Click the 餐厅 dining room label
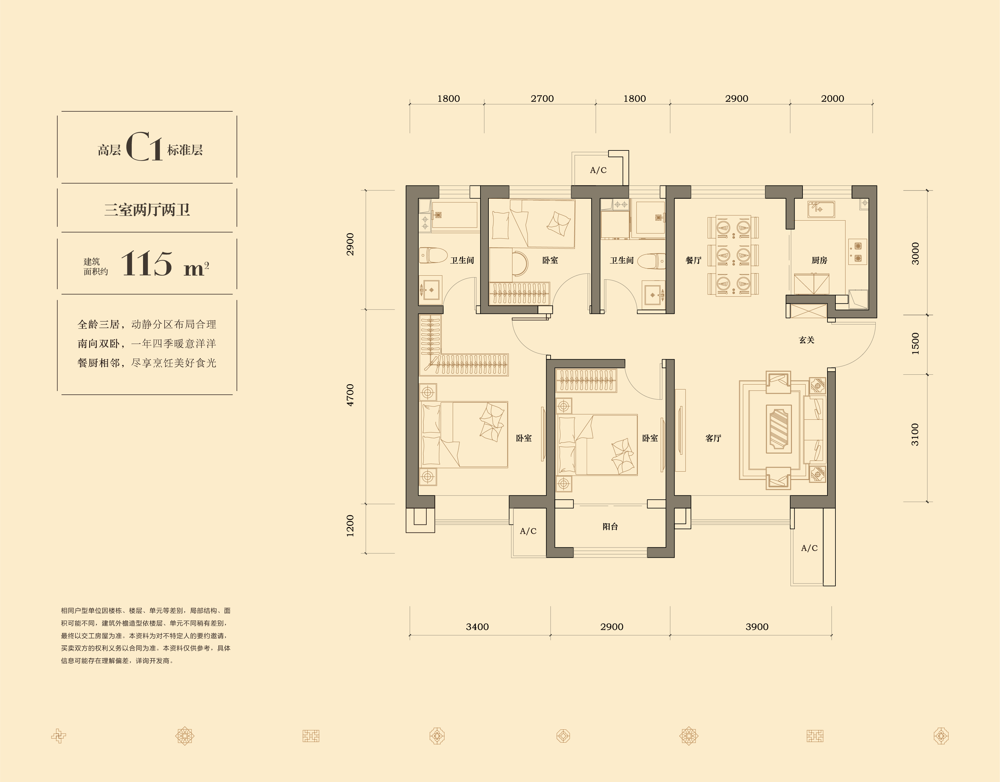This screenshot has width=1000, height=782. click(x=693, y=260)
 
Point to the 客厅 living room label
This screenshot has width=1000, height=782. click(x=713, y=438)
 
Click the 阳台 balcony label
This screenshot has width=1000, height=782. click(x=610, y=527)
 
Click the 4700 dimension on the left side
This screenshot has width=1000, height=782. click(x=350, y=395)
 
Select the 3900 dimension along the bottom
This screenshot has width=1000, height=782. click(x=757, y=627)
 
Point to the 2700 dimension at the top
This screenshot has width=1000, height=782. click(x=542, y=98)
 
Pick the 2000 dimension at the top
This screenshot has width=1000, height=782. click(x=832, y=98)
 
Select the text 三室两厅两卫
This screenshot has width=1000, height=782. click(x=147, y=210)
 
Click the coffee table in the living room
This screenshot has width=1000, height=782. click(x=779, y=427)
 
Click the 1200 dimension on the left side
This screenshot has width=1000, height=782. click(x=350, y=526)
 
